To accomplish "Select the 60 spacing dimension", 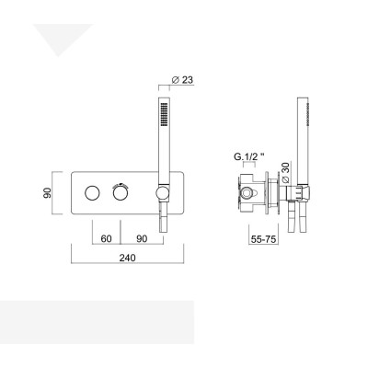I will click(106, 237).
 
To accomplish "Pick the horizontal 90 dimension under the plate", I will click(142, 237).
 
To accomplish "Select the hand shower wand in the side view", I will click(302, 138).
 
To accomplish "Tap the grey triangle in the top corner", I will click(60, 40).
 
